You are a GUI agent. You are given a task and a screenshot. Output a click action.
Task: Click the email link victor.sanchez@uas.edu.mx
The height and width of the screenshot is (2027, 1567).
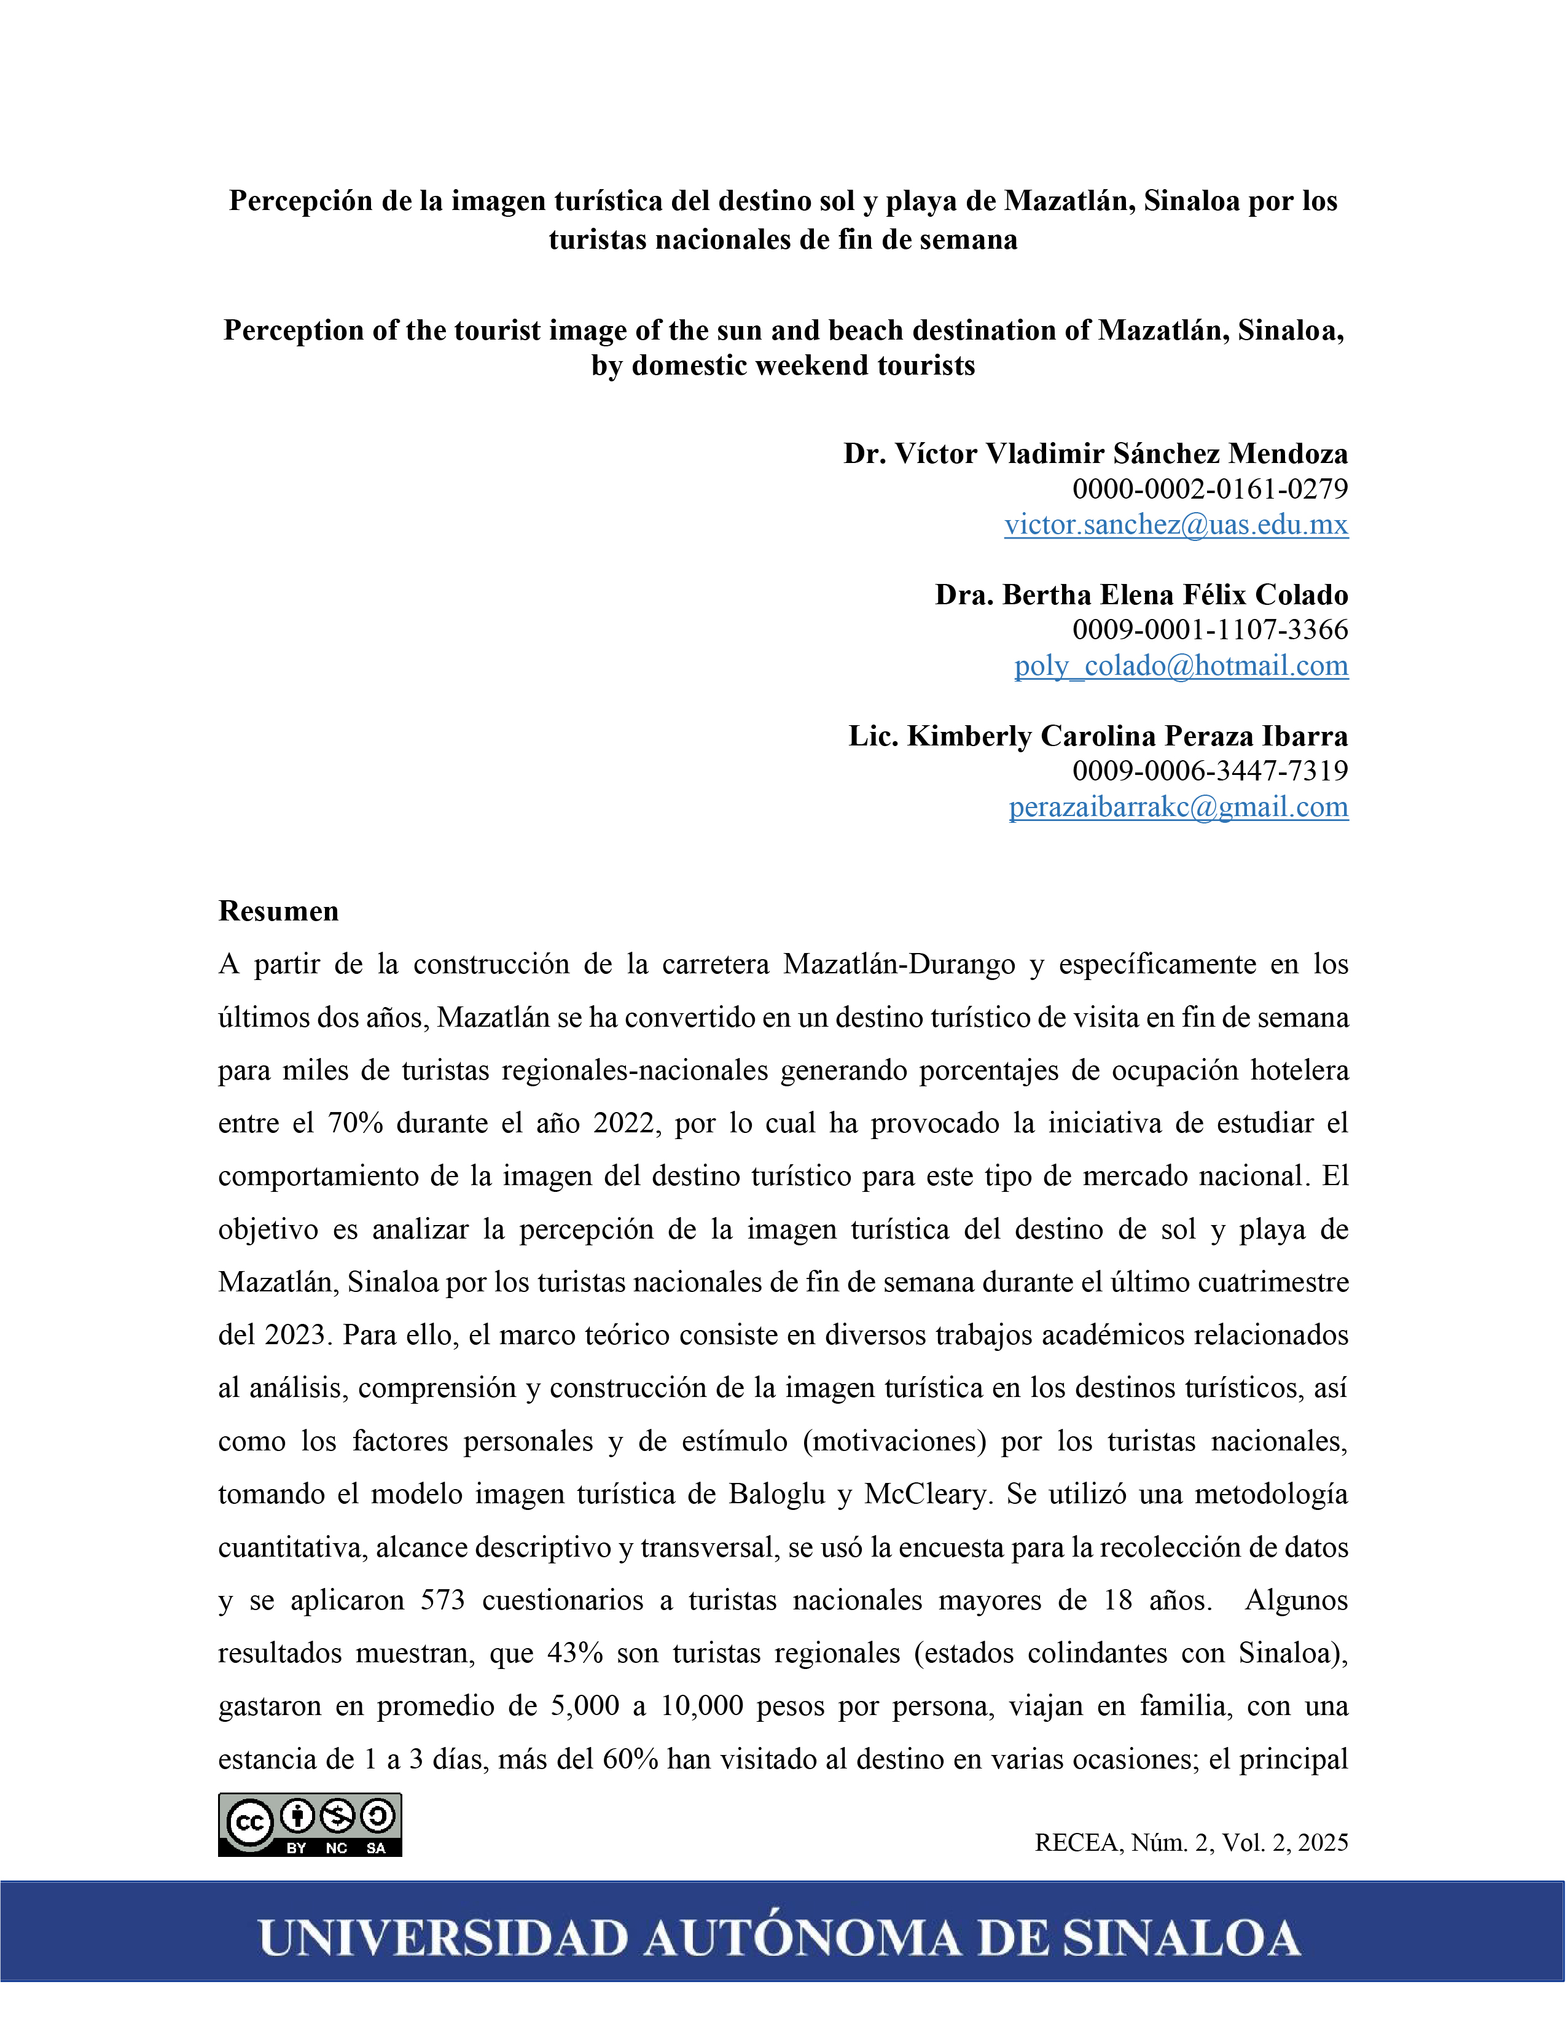click(1175, 524)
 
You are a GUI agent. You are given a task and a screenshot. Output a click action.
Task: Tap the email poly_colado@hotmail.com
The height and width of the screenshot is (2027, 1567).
click(1181, 666)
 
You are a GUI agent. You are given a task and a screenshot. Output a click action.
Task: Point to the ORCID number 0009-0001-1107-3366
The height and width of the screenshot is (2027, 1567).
click(1209, 629)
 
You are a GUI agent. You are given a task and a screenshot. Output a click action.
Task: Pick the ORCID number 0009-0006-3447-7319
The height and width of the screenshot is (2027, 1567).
click(1209, 771)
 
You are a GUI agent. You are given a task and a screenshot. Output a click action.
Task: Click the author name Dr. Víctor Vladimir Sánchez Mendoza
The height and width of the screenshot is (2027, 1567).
click(1095, 453)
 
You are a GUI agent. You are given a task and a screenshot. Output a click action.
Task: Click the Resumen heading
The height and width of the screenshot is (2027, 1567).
click(278, 911)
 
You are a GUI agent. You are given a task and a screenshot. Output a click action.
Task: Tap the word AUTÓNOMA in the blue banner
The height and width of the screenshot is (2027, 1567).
click(803, 1939)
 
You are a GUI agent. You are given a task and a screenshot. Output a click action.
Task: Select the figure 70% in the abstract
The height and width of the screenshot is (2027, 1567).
click(356, 1123)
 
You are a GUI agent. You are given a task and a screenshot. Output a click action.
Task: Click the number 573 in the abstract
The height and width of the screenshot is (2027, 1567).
click(443, 1600)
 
